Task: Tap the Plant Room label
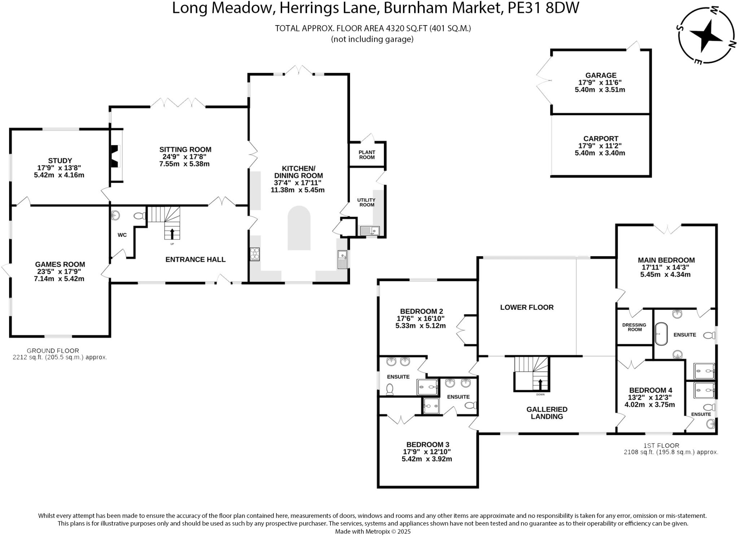point(367,155)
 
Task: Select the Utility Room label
point(366,202)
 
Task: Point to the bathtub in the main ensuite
point(661,334)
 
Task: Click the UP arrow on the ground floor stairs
point(172,234)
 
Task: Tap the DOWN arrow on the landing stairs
point(540,385)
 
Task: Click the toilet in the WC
point(139,216)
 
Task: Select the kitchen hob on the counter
point(255,254)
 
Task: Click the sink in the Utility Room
point(369,230)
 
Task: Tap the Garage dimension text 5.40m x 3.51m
point(600,89)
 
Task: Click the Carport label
point(600,138)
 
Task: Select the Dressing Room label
point(634,327)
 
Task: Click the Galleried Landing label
point(547,413)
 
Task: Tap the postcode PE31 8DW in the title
point(543,8)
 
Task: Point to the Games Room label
point(60,264)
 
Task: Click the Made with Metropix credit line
point(372,531)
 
